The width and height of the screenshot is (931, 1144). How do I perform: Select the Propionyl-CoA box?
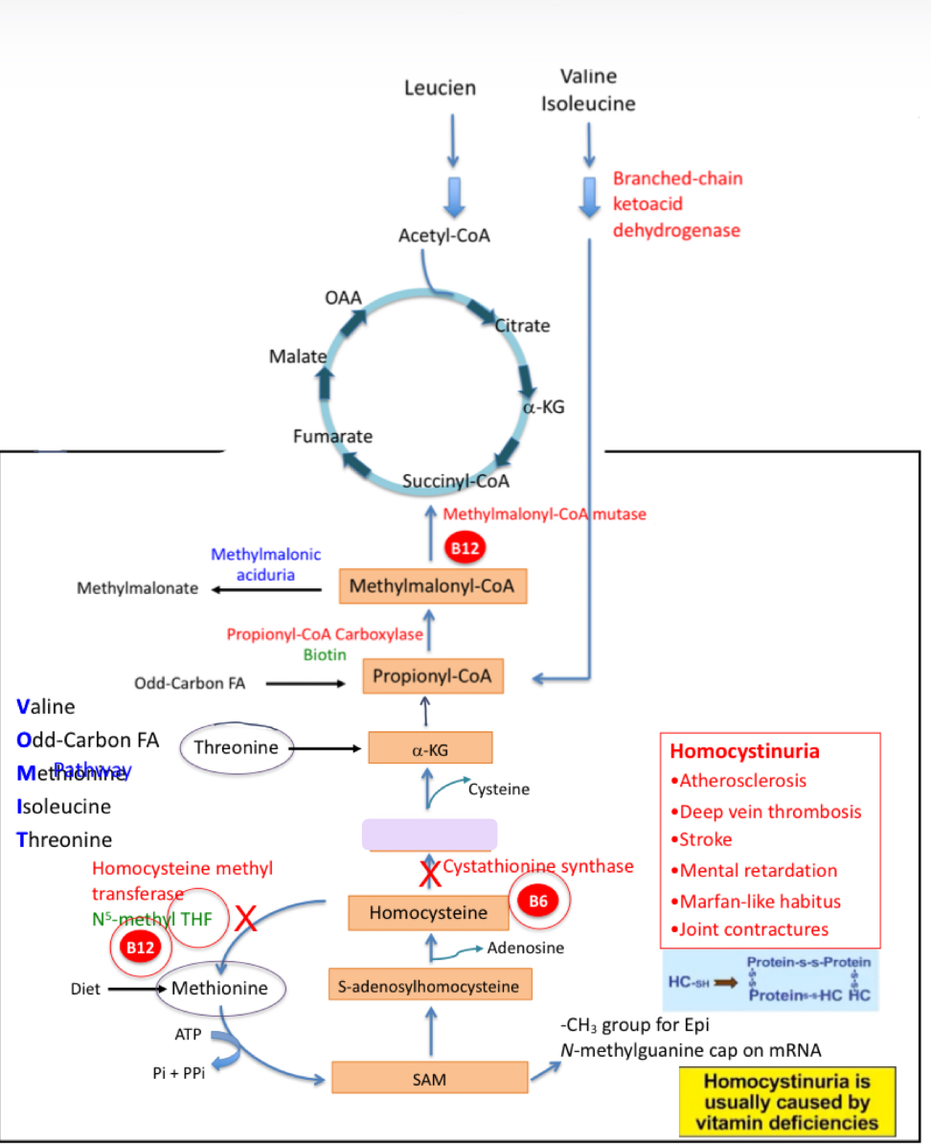point(432,676)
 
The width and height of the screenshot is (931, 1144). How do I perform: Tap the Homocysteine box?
point(428,912)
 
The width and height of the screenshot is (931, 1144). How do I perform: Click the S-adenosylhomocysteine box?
point(428,984)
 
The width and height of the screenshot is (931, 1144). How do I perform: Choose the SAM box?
point(430,1078)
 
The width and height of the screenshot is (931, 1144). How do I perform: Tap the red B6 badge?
point(538,902)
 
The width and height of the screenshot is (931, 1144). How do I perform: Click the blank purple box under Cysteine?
point(429,835)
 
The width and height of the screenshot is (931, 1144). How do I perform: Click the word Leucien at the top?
point(440,88)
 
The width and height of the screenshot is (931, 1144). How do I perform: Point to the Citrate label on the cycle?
point(524,326)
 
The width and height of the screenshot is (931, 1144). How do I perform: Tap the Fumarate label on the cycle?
point(332,437)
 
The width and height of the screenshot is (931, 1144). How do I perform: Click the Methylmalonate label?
point(138,588)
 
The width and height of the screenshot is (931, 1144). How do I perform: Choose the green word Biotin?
point(325,655)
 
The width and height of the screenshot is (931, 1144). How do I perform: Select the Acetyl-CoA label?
point(444,235)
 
